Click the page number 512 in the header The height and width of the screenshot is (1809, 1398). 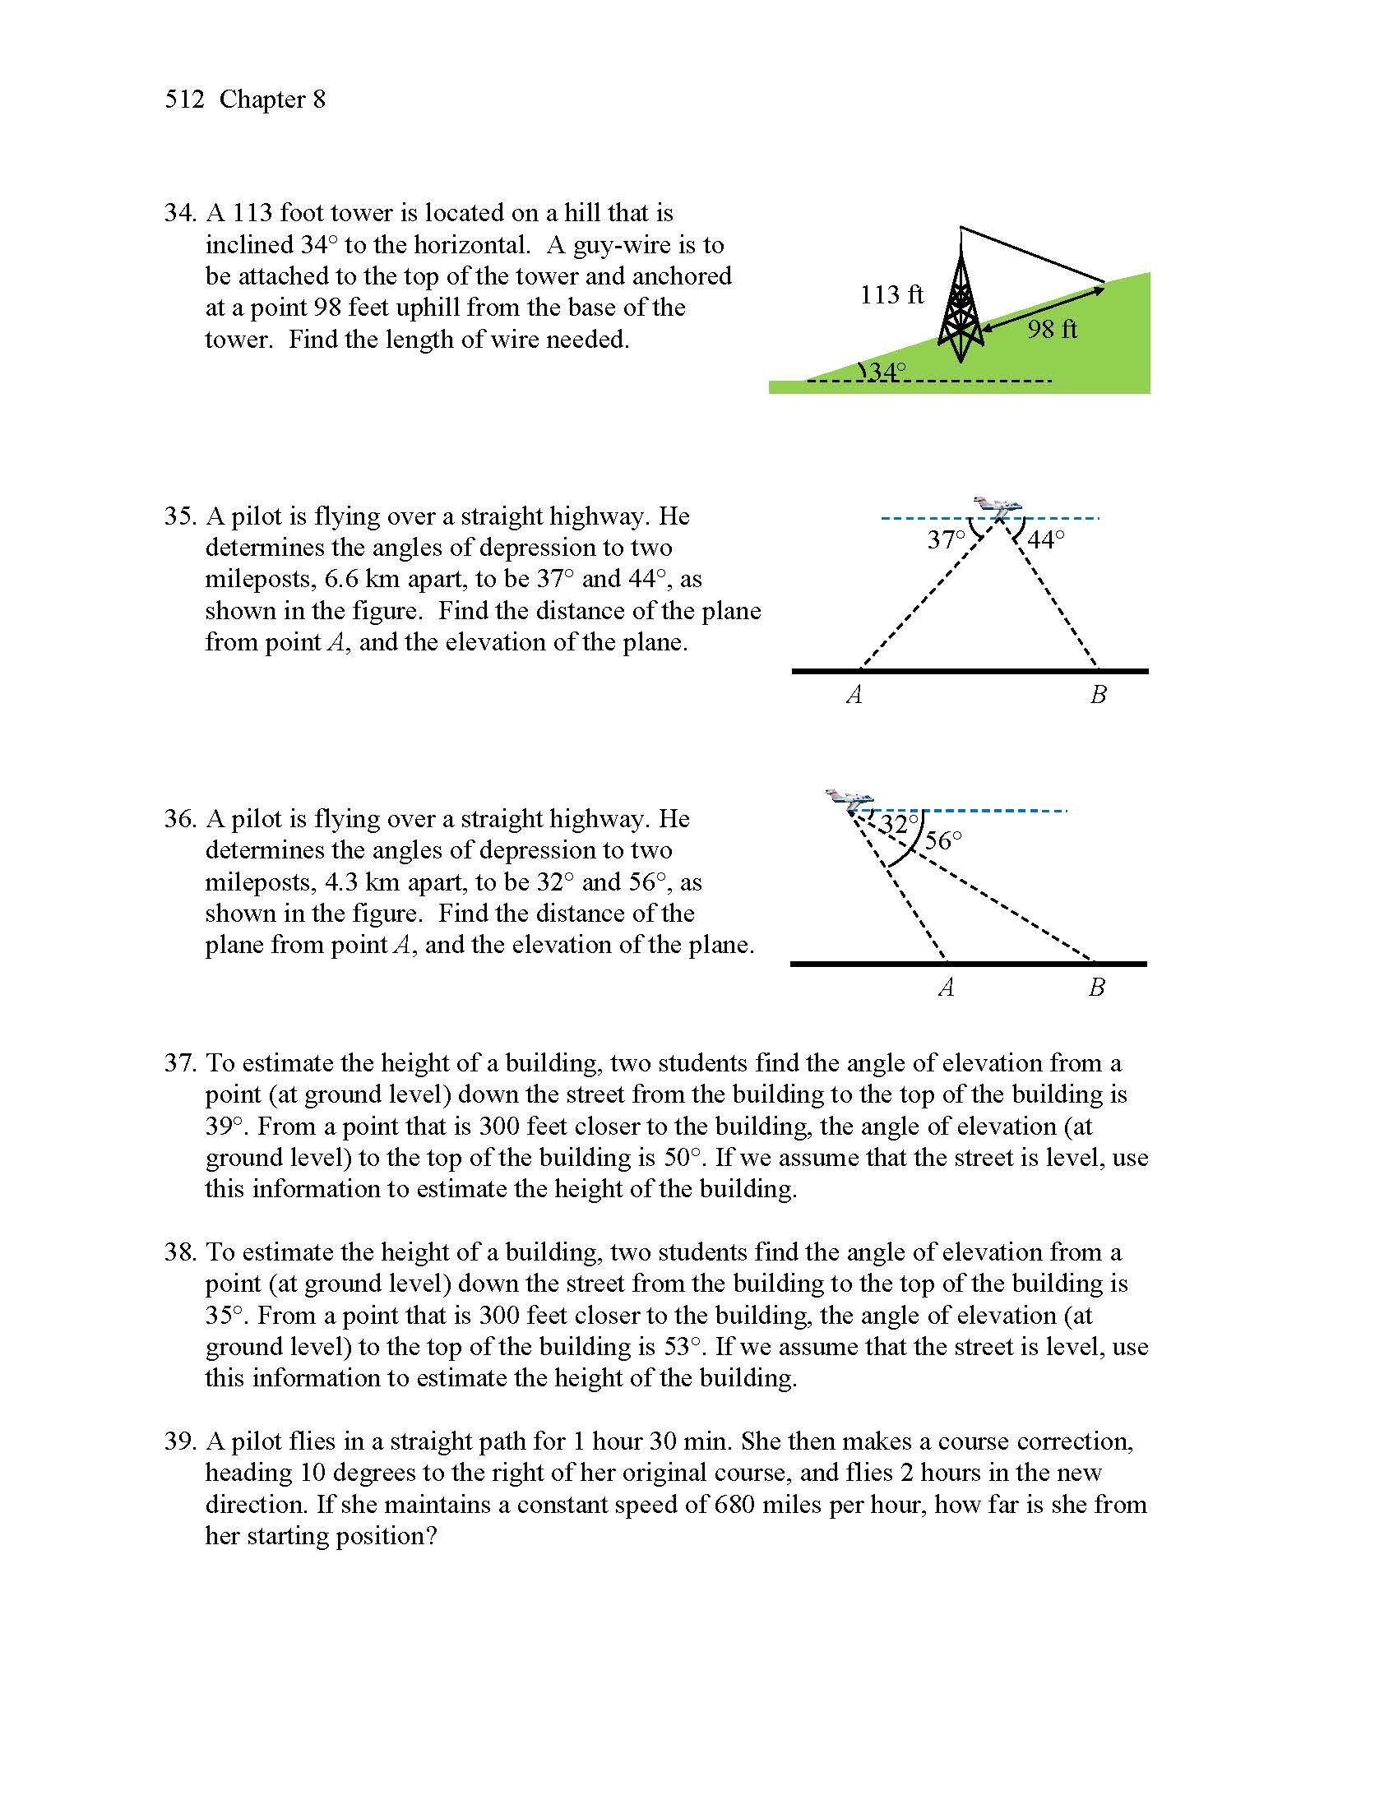click(x=184, y=99)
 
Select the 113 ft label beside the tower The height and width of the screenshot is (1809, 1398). click(x=891, y=295)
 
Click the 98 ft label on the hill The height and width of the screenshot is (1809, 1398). click(x=1052, y=330)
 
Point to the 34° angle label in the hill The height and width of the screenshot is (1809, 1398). click(x=886, y=372)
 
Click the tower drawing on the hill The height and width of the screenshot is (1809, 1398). click(x=960, y=307)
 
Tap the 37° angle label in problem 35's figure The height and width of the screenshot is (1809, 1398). click(x=946, y=540)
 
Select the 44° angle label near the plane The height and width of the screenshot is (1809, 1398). click(x=1046, y=540)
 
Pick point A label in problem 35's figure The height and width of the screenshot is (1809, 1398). click(x=854, y=695)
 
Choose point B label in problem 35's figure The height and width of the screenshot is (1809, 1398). click(x=1098, y=695)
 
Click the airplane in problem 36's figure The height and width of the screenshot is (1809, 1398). click(x=849, y=799)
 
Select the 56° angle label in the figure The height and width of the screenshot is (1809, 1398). click(x=943, y=841)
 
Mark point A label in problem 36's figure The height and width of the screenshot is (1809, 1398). click(x=947, y=988)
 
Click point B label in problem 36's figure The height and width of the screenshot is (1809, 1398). click(x=1096, y=988)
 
